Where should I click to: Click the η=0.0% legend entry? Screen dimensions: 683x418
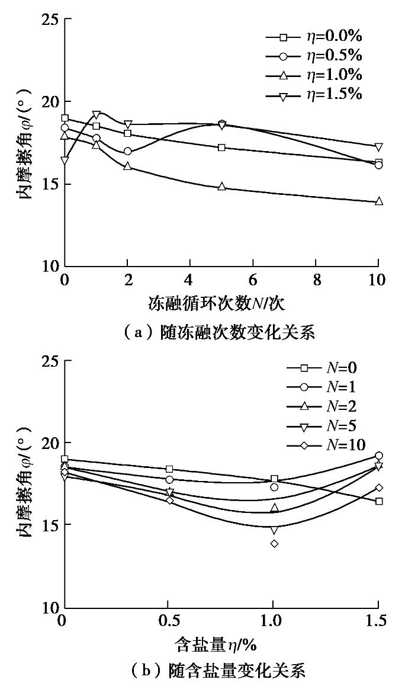click(314, 37)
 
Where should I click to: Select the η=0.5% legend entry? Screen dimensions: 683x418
click(314, 56)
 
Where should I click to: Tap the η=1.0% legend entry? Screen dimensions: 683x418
click(314, 75)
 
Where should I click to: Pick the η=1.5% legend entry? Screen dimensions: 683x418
click(314, 95)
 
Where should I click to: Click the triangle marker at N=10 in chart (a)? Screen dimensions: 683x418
click(378, 201)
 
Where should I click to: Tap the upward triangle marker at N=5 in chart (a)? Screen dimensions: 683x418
click(221, 187)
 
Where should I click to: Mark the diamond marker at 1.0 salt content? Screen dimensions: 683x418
click(274, 543)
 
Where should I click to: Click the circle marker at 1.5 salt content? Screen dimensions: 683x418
click(379, 456)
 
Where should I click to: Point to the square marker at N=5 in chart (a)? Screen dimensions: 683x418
click(221, 147)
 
